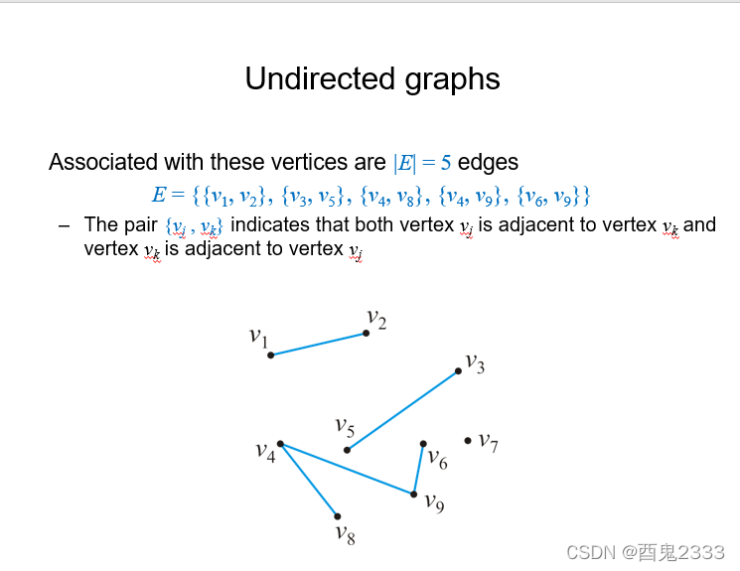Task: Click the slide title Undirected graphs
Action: (372, 79)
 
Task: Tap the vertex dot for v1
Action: (270, 355)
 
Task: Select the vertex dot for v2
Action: (366, 333)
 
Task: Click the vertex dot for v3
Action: (458, 371)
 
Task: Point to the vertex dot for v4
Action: (280, 444)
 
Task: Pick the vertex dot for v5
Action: (347, 450)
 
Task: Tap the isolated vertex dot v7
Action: (468, 440)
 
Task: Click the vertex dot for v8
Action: (337, 516)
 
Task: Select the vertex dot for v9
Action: (414, 494)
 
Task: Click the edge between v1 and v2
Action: (318, 344)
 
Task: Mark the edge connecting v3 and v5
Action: (402, 411)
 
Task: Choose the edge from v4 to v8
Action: (308, 480)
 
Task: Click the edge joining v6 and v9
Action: (418, 469)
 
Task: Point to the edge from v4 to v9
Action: (348, 469)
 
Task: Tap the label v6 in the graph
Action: (437, 459)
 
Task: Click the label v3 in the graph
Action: (475, 363)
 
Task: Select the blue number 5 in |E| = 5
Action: (446, 162)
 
